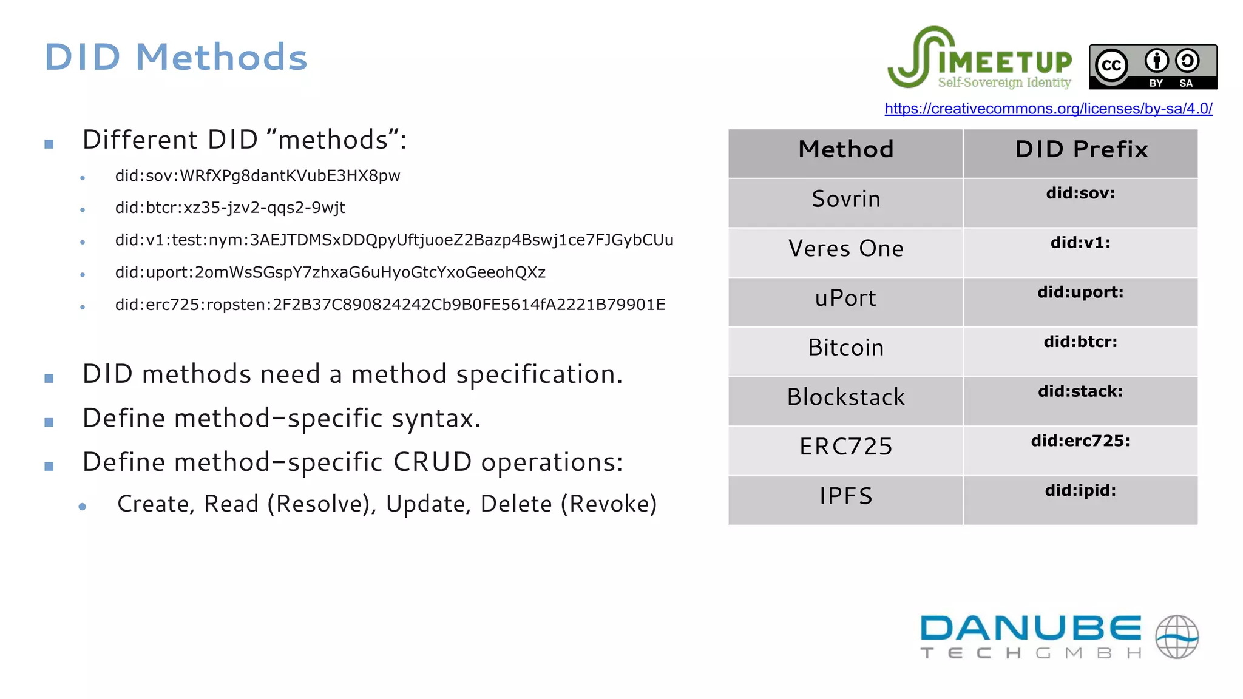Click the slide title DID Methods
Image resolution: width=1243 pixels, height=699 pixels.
pos(176,58)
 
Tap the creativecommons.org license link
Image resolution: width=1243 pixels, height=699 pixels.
pos(1048,109)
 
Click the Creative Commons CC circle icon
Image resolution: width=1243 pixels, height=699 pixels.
pos(1111,65)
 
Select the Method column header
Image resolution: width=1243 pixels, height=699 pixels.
pos(845,150)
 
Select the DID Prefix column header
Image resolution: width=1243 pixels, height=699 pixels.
pos(1081,150)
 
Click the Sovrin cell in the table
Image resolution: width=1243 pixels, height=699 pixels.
pos(845,200)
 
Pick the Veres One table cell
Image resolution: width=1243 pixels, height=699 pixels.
pos(845,249)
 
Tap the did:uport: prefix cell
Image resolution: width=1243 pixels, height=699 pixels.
pos(1080,292)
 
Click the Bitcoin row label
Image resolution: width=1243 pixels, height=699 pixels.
pos(845,348)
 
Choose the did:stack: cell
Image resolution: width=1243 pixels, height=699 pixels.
pos(1080,391)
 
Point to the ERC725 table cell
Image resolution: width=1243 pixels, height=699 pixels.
pos(845,447)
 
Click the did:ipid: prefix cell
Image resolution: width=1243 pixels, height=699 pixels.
pos(1080,490)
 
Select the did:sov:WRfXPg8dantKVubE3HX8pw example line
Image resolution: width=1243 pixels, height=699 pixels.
pos(257,176)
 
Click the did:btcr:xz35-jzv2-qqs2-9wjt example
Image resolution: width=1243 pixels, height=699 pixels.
pos(230,208)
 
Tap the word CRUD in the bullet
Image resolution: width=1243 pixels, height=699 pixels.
pos(432,462)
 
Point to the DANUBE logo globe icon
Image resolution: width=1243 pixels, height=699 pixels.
pos(1176,637)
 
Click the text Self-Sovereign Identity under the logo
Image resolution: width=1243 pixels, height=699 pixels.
pos(1004,83)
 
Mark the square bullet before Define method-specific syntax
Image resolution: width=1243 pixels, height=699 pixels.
pos(49,422)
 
